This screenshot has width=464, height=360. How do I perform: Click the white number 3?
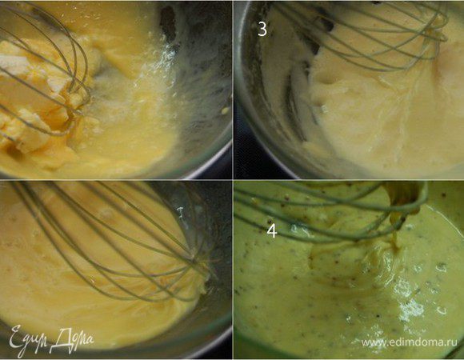[x=262, y=30]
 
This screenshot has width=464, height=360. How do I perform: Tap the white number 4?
[x=272, y=231]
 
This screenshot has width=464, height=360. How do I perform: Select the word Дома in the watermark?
[x=74, y=339]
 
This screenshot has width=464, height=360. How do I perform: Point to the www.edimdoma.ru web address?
[x=410, y=342]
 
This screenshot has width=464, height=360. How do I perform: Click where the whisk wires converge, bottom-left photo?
[x=196, y=260]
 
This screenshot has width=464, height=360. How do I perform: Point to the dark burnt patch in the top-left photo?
[x=168, y=21]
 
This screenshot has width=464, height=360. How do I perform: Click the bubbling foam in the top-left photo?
[x=148, y=74]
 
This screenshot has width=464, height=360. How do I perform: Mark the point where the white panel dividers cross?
[x=233, y=180]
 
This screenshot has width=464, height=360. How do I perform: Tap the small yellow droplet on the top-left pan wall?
[x=226, y=110]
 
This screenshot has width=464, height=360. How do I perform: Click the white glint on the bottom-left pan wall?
[x=180, y=212]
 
